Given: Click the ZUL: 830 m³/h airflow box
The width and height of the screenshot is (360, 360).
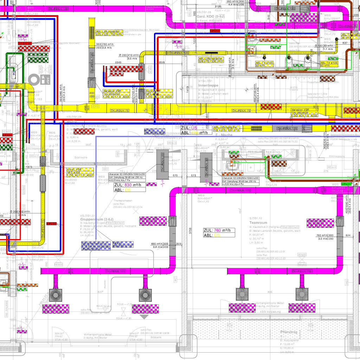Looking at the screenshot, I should click(x=129, y=185).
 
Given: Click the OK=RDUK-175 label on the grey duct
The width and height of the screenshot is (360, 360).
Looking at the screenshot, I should click(x=285, y=129).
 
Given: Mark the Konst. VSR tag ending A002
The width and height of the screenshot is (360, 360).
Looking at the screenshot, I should click(x=81, y=172).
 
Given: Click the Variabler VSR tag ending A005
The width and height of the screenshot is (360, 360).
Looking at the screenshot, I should click(x=304, y=112).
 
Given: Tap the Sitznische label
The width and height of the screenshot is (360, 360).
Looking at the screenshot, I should click(x=80, y=157).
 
